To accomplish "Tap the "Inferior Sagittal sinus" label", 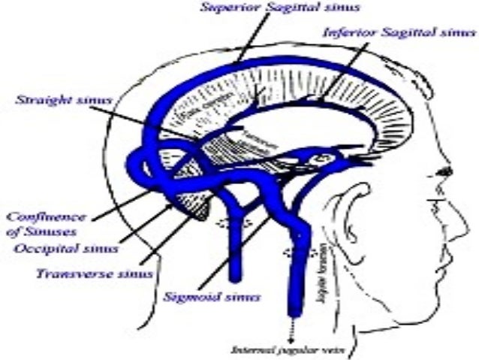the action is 399,33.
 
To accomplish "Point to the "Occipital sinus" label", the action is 67,247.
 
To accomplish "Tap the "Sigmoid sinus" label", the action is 212,296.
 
